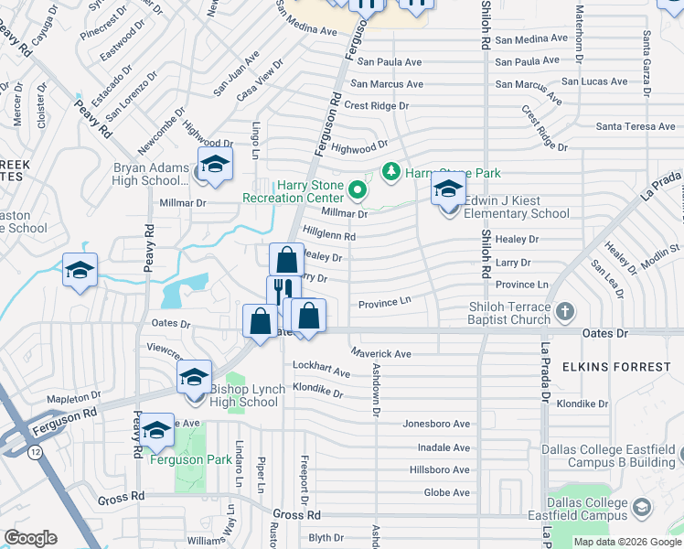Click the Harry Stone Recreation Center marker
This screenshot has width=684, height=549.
point(357,191)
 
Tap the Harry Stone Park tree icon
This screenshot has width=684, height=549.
point(390,172)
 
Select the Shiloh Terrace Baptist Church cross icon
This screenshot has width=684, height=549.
point(565,311)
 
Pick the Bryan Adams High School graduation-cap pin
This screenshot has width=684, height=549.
point(215,165)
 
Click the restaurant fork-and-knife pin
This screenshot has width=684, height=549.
point(283,293)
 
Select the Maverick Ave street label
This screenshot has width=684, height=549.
point(381,353)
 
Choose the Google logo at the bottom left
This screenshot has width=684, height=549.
point(32,538)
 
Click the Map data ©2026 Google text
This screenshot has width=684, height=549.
point(626,542)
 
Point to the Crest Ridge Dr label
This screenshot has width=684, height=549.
point(377,106)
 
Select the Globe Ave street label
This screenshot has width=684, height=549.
point(447,492)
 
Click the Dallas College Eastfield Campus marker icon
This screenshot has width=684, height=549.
point(642,506)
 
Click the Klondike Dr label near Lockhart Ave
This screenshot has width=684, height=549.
point(317,393)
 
